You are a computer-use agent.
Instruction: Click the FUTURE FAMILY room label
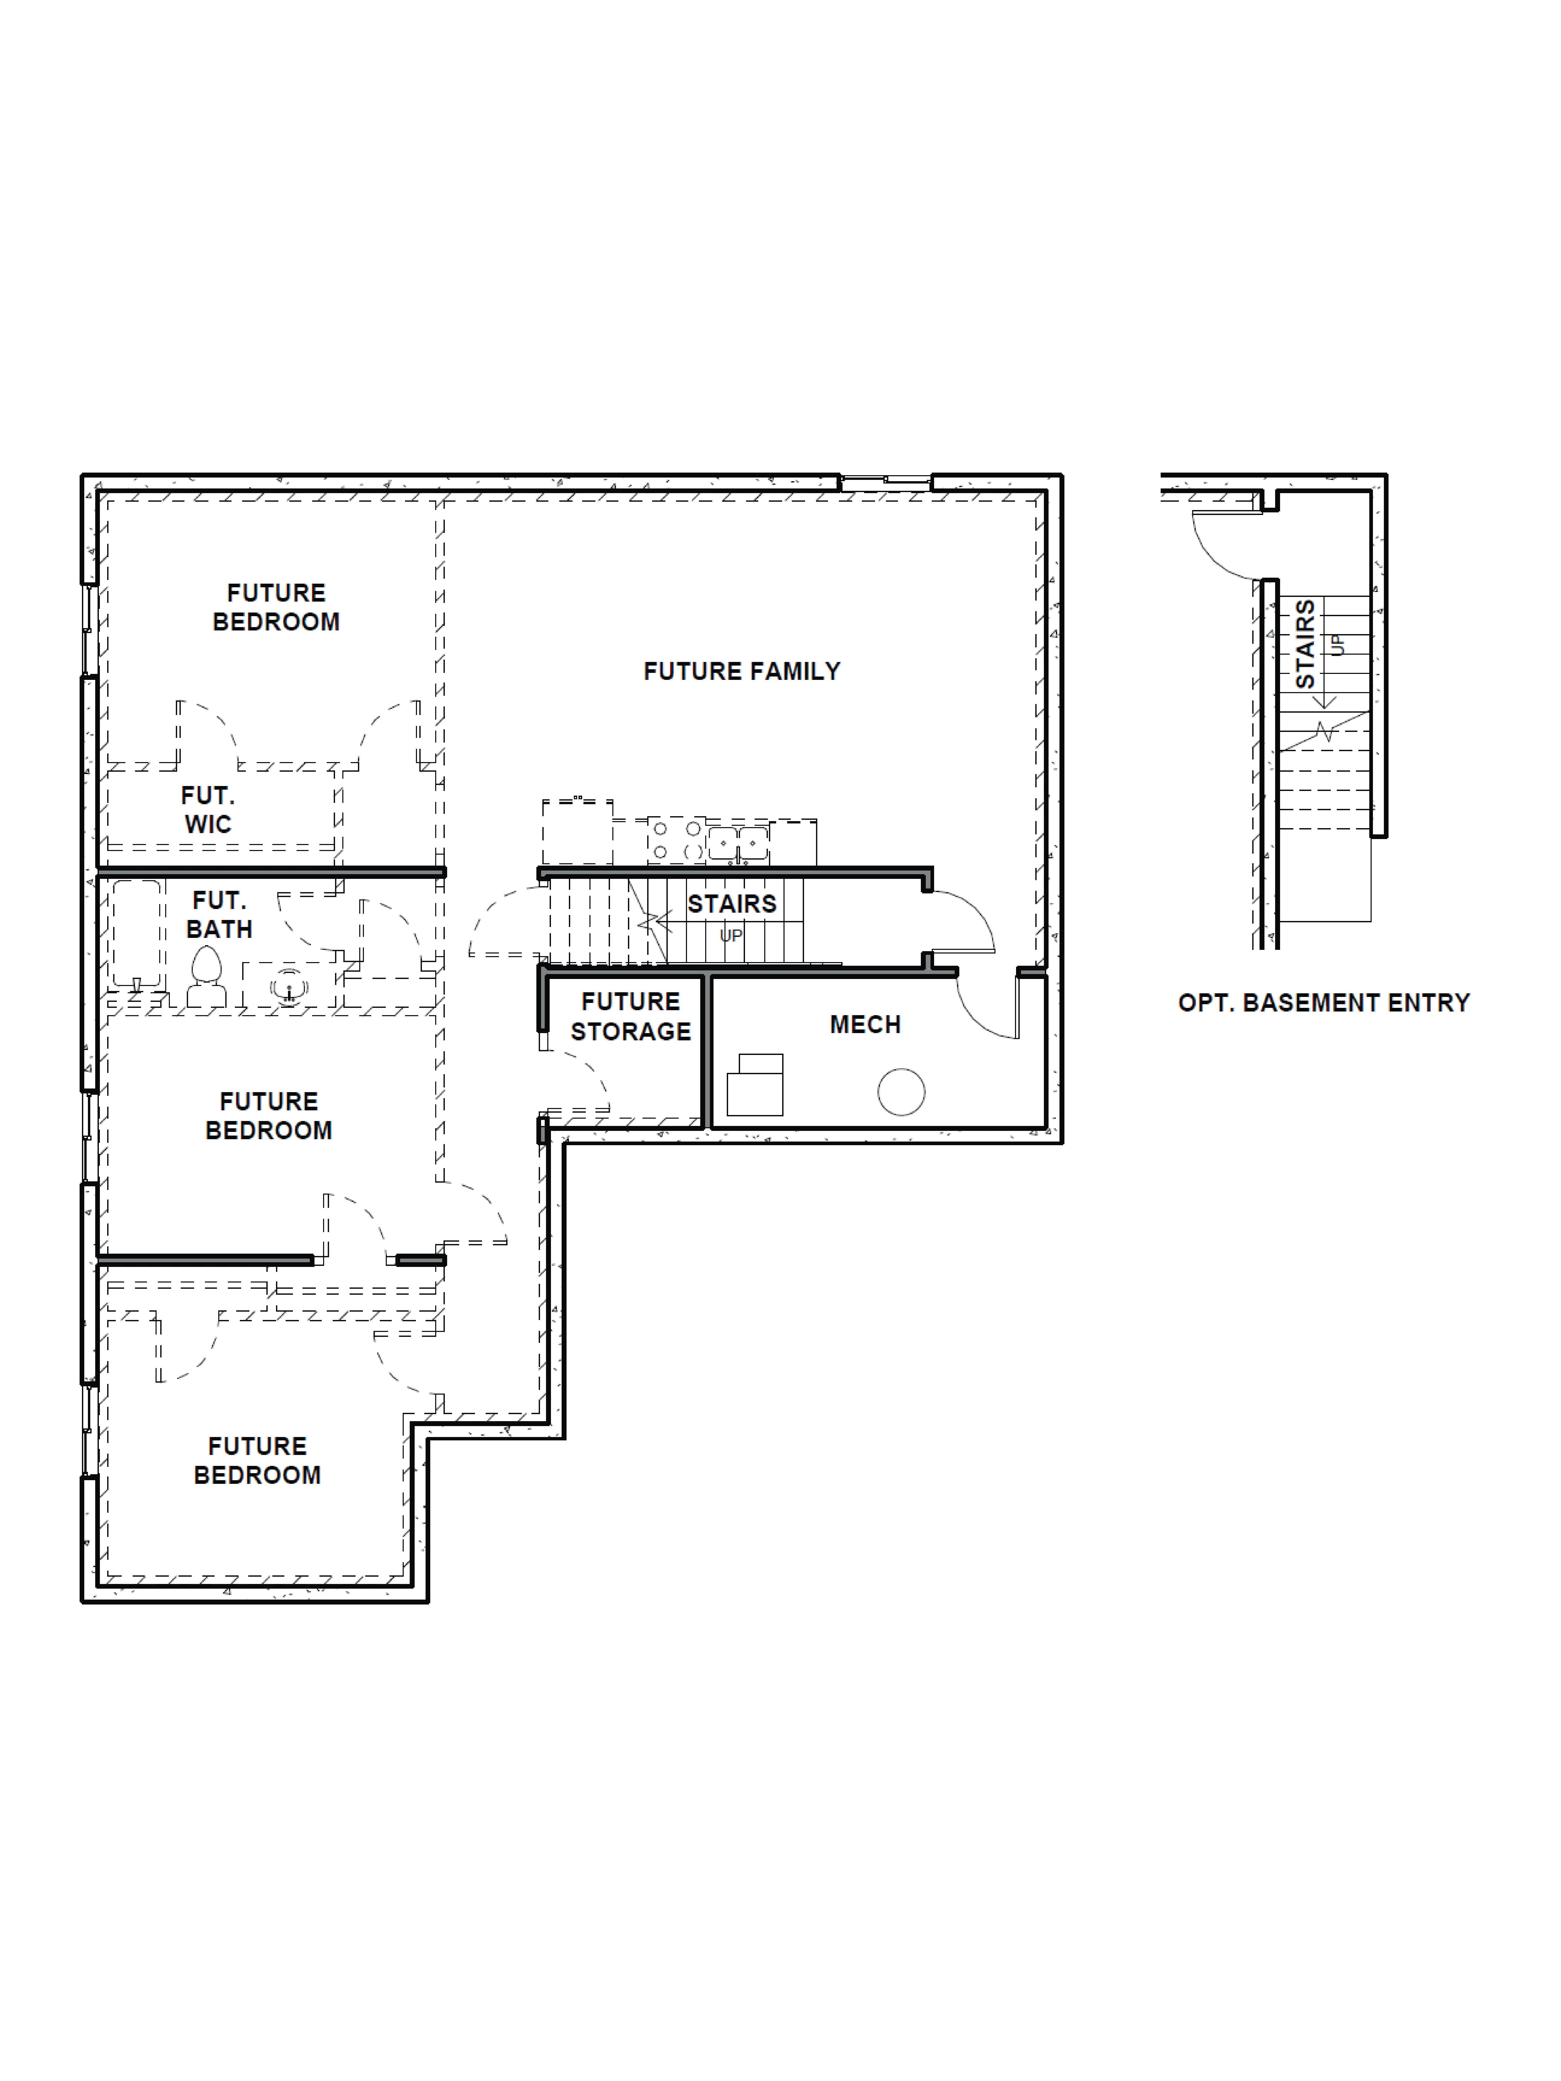point(741,671)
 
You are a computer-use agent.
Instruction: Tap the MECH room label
point(865,1025)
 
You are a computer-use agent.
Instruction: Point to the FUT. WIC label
point(208,810)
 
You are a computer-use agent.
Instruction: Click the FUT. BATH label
point(219,915)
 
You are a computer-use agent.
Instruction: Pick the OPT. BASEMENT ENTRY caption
point(1323,1003)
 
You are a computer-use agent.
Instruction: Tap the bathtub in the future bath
point(136,933)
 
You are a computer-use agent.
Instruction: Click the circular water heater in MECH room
point(901,1092)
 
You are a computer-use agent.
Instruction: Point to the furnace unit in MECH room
point(756,1086)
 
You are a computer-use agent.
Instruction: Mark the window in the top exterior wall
point(884,482)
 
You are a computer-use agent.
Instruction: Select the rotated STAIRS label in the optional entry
point(1305,645)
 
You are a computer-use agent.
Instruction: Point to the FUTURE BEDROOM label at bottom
point(257,1460)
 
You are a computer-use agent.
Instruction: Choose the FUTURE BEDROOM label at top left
point(276,607)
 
